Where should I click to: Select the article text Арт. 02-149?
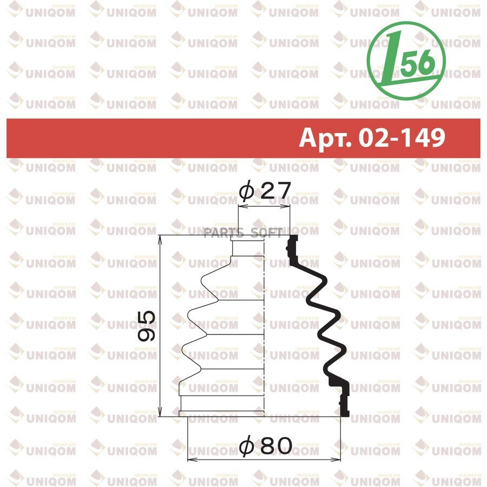[372, 137]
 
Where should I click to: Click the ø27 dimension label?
[265, 190]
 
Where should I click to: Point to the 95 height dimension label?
[147, 326]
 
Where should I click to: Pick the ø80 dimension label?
[266, 446]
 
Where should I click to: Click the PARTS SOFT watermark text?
[243, 232]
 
